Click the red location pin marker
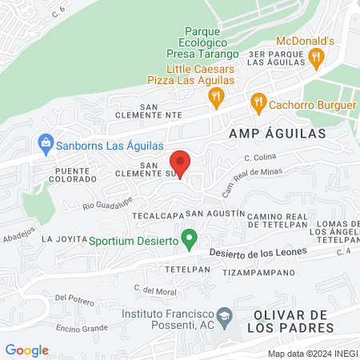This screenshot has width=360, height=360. click(x=180, y=163)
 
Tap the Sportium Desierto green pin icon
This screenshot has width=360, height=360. click(x=190, y=238)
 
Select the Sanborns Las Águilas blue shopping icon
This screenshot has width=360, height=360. click(x=46, y=145)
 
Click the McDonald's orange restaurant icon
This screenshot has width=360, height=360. click(x=316, y=57)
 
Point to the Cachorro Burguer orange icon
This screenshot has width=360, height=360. click(x=258, y=102)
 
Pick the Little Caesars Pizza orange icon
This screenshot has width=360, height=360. click(x=215, y=97)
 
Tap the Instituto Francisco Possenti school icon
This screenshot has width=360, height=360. click(x=225, y=314)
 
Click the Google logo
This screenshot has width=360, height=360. click(x=27, y=350)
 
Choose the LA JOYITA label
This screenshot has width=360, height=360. click(x=62, y=238)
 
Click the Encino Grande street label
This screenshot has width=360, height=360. click(x=82, y=328)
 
